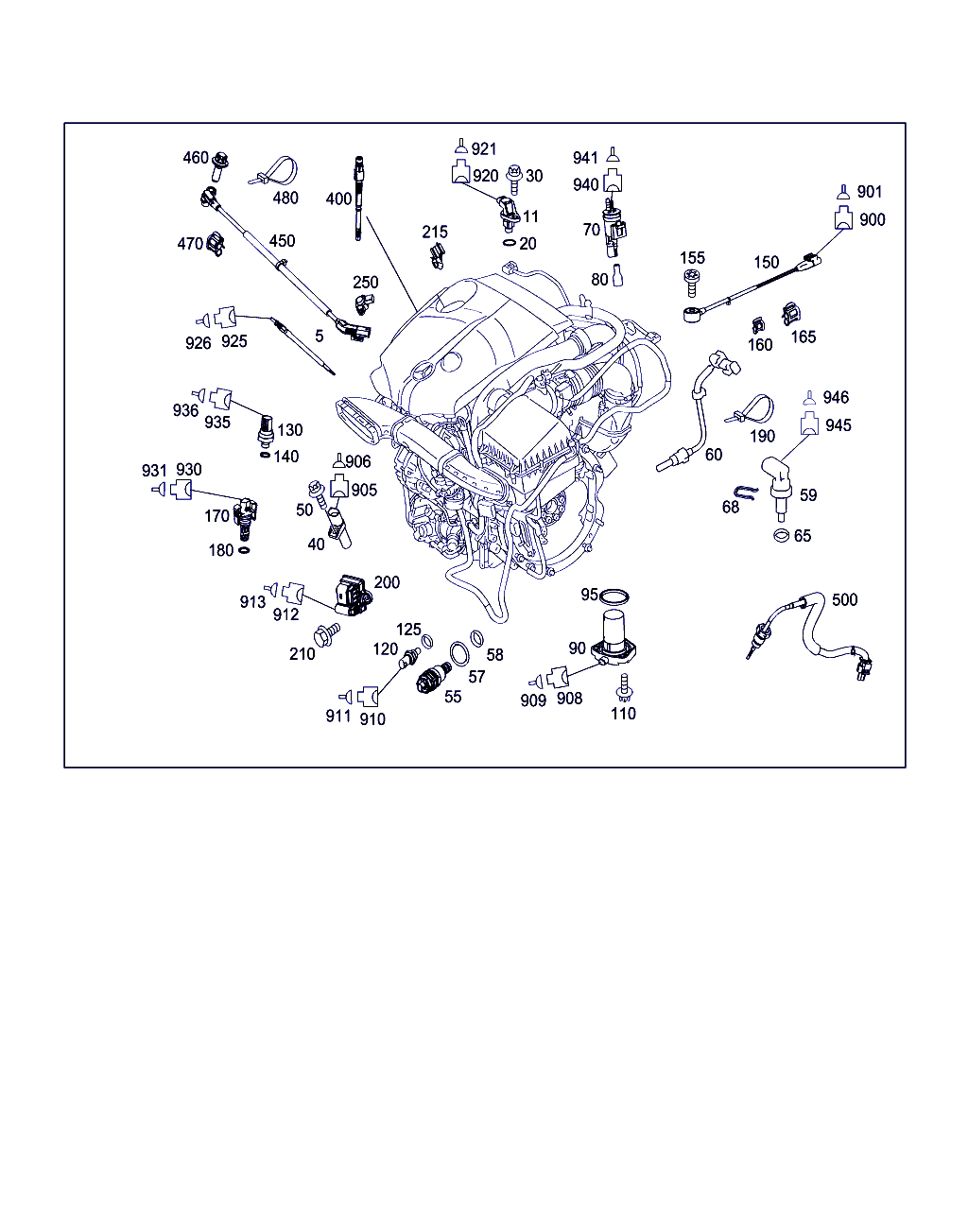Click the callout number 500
point(844,599)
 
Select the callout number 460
point(196,157)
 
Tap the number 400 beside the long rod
point(338,199)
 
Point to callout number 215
point(435,232)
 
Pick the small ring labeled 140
point(264,456)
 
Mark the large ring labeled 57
point(459,653)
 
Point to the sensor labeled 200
point(353,594)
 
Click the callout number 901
point(869,192)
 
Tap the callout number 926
point(199,343)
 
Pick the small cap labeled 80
point(618,278)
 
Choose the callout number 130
point(289,430)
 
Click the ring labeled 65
point(781,536)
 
